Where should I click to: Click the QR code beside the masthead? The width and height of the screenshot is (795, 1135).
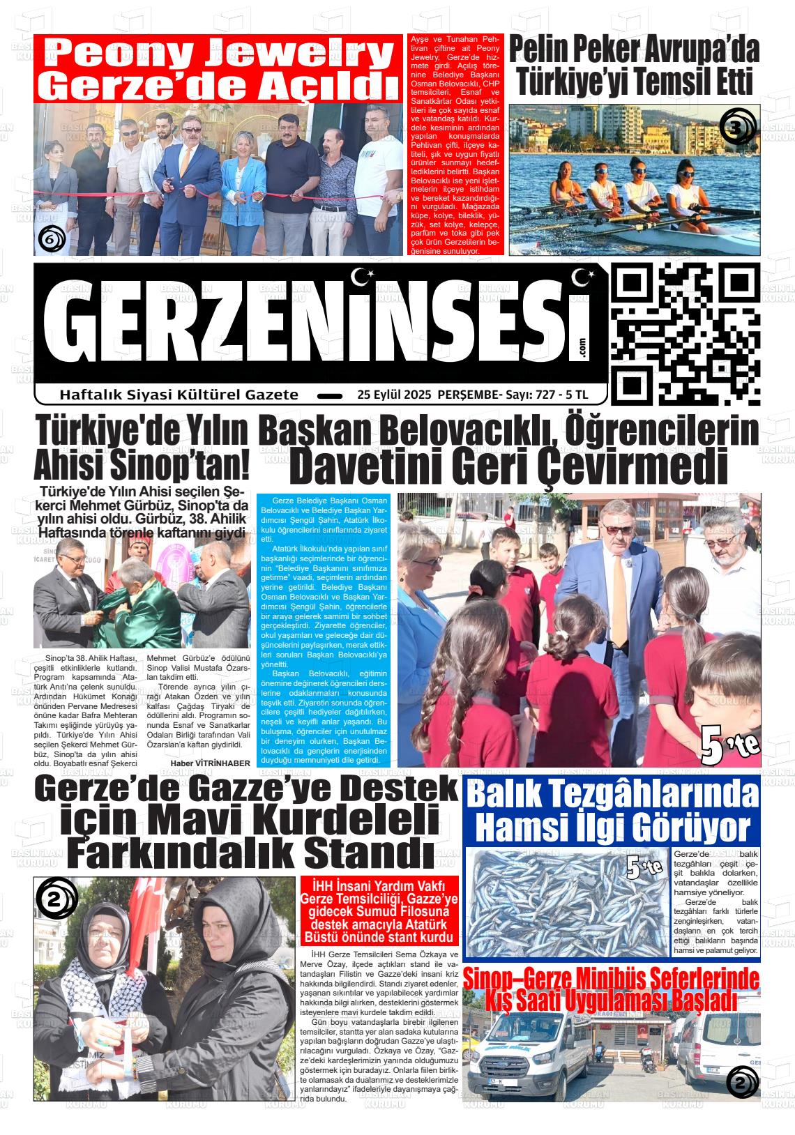pos(685,335)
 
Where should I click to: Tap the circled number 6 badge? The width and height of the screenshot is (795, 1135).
pos(51,240)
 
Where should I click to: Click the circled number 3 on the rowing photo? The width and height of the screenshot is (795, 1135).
pos(737,128)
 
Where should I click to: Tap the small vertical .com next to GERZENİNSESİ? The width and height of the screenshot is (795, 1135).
pos(582,349)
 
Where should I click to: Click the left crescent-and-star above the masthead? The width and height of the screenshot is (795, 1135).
pos(362,277)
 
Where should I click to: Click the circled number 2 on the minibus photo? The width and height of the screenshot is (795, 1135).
pos(741,1083)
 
